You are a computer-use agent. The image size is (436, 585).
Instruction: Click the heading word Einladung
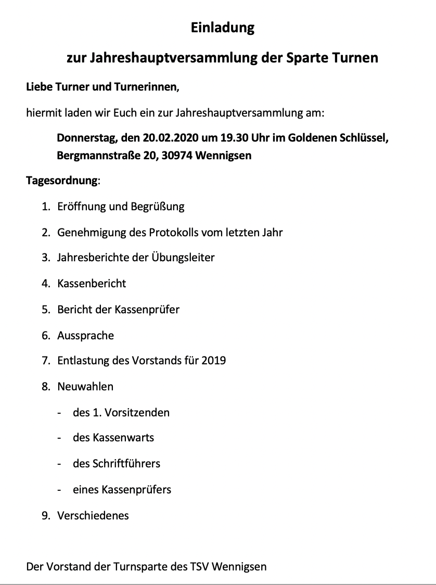point(222,28)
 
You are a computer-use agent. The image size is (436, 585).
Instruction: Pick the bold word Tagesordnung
point(61,181)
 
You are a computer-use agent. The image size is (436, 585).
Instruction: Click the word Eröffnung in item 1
point(81,207)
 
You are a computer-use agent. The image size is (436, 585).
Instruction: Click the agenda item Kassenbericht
point(92,284)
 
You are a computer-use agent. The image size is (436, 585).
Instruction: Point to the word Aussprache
point(85,336)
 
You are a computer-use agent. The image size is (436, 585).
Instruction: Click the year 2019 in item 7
point(213,361)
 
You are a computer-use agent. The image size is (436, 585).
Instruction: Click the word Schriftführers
point(126,464)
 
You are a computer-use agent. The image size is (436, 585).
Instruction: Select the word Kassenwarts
point(123,438)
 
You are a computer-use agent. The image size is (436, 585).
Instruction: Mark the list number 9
point(45,516)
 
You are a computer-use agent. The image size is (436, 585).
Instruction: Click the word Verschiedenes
point(93,516)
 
